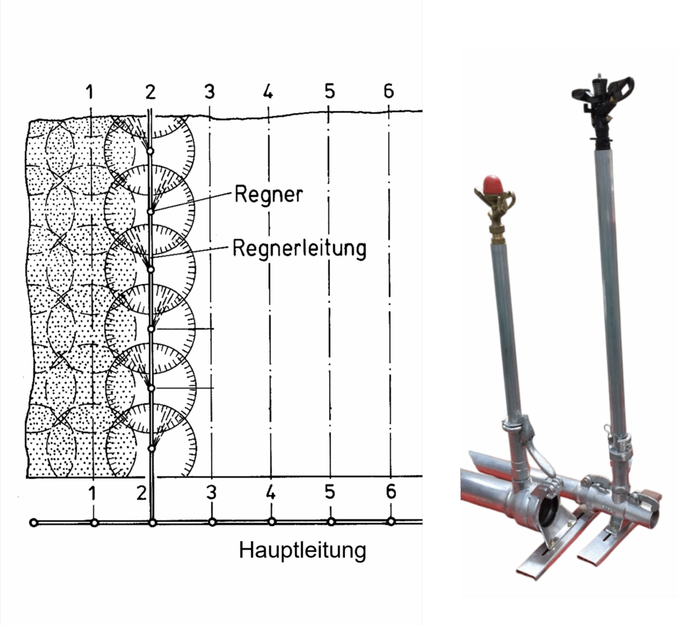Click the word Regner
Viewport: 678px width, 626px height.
tap(268, 195)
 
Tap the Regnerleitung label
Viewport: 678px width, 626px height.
tap(299, 248)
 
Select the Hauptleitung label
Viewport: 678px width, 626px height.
tap(302, 551)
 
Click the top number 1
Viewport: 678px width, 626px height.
tap(89, 92)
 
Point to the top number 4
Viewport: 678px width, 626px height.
tap(268, 91)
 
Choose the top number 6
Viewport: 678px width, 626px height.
tap(389, 91)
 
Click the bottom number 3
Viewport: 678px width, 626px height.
tap(211, 492)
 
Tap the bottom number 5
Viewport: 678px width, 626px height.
tap(330, 492)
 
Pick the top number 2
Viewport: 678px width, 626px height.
tap(150, 92)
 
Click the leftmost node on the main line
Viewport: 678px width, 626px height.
tap(34, 523)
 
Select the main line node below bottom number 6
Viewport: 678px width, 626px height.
tap(391, 522)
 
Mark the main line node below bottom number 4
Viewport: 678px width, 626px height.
tap(271, 522)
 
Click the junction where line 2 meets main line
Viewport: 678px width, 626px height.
tap(152, 523)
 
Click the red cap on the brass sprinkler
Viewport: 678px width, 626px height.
tap(493, 183)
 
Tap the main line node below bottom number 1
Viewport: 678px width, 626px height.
tap(94, 523)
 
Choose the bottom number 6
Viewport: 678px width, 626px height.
tap(391, 492)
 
